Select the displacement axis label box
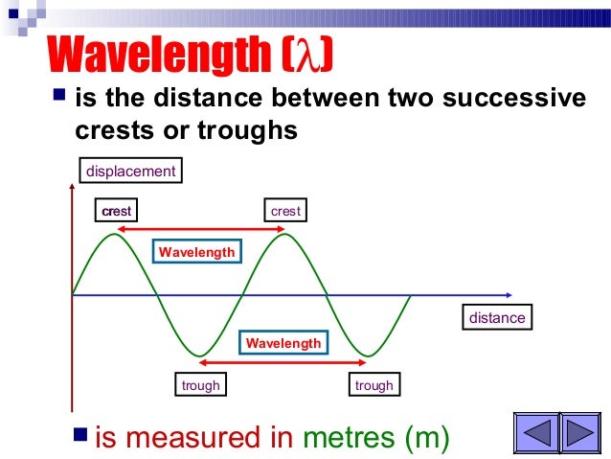coord(131,172)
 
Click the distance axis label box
coord(497,317)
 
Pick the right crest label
coord(285,210)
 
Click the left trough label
coord(201,385)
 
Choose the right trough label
coord(373,385)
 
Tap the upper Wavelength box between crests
coord(196,251)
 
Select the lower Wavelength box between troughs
coord(284,342)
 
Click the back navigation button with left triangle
coord(537,433)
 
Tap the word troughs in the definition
coord(250,129)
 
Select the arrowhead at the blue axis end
coord(521,294)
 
